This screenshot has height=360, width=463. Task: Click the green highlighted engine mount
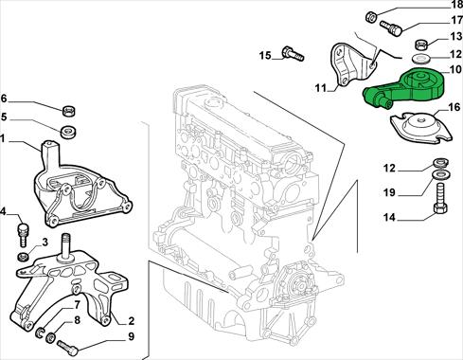pyautogui.click(x=407, y=88)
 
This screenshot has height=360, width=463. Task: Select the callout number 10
pyautogui.click(x=454, y=70)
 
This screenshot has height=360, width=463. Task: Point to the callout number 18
pyautogui.click(x=454, y=6)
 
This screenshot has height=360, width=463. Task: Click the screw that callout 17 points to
pyautogui.click(x=390, y=27)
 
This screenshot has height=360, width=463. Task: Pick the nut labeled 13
pyautogui.click(x=420, y=45)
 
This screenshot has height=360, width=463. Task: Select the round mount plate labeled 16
pyautogui.click(x=421, y=126)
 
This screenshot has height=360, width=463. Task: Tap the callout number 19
pyautogui.click(x=389, y=191)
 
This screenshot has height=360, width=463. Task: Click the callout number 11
pyautogui.click(x=321, y=87)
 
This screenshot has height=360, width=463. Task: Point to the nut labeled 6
pyautogui.click(x=69, y=111)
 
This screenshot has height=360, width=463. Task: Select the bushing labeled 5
pyautogui.click(x=68, y=132)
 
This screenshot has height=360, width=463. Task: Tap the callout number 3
pyautogui.click(x=45, y=243)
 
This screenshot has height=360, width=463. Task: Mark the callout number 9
pyautogui.click(x=131, y=336)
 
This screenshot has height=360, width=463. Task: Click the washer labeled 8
pyautogui.click(x=50, y=338)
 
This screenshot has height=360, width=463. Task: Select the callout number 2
pyautogui.click(x=131, y=321)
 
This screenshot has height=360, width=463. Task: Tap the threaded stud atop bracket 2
pyautogui.click(x=66, y=246)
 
